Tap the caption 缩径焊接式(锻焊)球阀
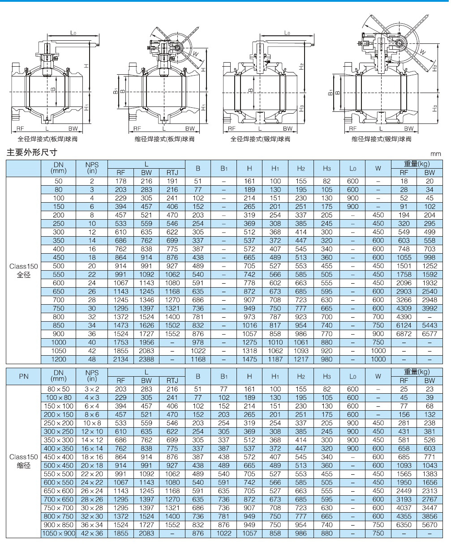coord(381,139)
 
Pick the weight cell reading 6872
coord(404,334)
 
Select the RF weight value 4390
coord(404,317)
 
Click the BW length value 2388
coord(146,359)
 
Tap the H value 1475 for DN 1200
coord(249,359)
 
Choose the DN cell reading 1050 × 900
coord(59,533)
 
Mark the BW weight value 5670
coord(430,525)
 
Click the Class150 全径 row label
coord(24,270)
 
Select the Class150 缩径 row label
coord(24,461)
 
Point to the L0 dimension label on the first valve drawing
coord(73,33)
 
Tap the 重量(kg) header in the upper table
coord(417,164)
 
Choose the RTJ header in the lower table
coord(172,380)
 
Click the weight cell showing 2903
coord(404,291)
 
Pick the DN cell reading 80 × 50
coord(59,389)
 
